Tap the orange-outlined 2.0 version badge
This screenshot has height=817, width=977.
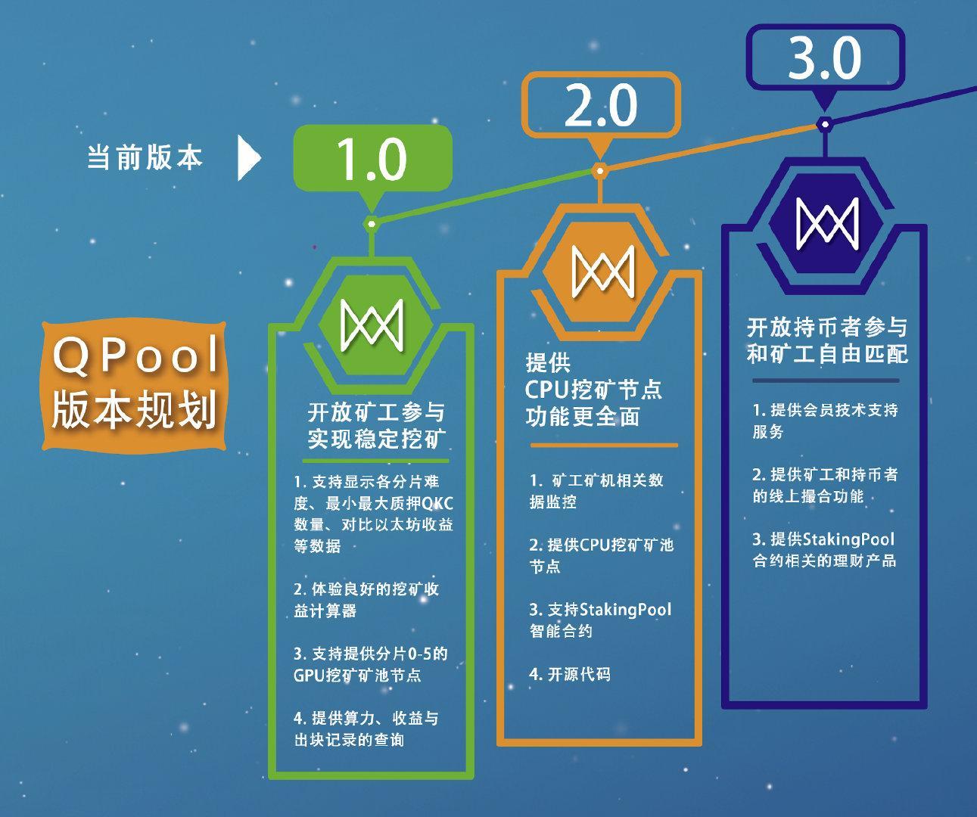(601, 105)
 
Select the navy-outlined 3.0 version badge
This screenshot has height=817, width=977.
(825, 57)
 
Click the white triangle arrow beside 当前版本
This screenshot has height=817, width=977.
(248, 158)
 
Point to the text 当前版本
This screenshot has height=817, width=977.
(145, 158)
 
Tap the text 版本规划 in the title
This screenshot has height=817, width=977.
(135, 409)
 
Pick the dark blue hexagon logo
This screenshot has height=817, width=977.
(825, 220)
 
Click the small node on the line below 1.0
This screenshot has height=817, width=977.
(372, 222)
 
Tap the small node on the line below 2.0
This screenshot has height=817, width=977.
(599, 171)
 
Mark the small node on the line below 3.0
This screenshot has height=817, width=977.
(825, 123)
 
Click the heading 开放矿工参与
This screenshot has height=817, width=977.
(376, 413)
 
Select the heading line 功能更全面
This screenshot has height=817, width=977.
(583, 416)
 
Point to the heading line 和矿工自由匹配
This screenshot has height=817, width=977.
(827, 354)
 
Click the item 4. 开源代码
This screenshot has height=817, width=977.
(569, 674)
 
